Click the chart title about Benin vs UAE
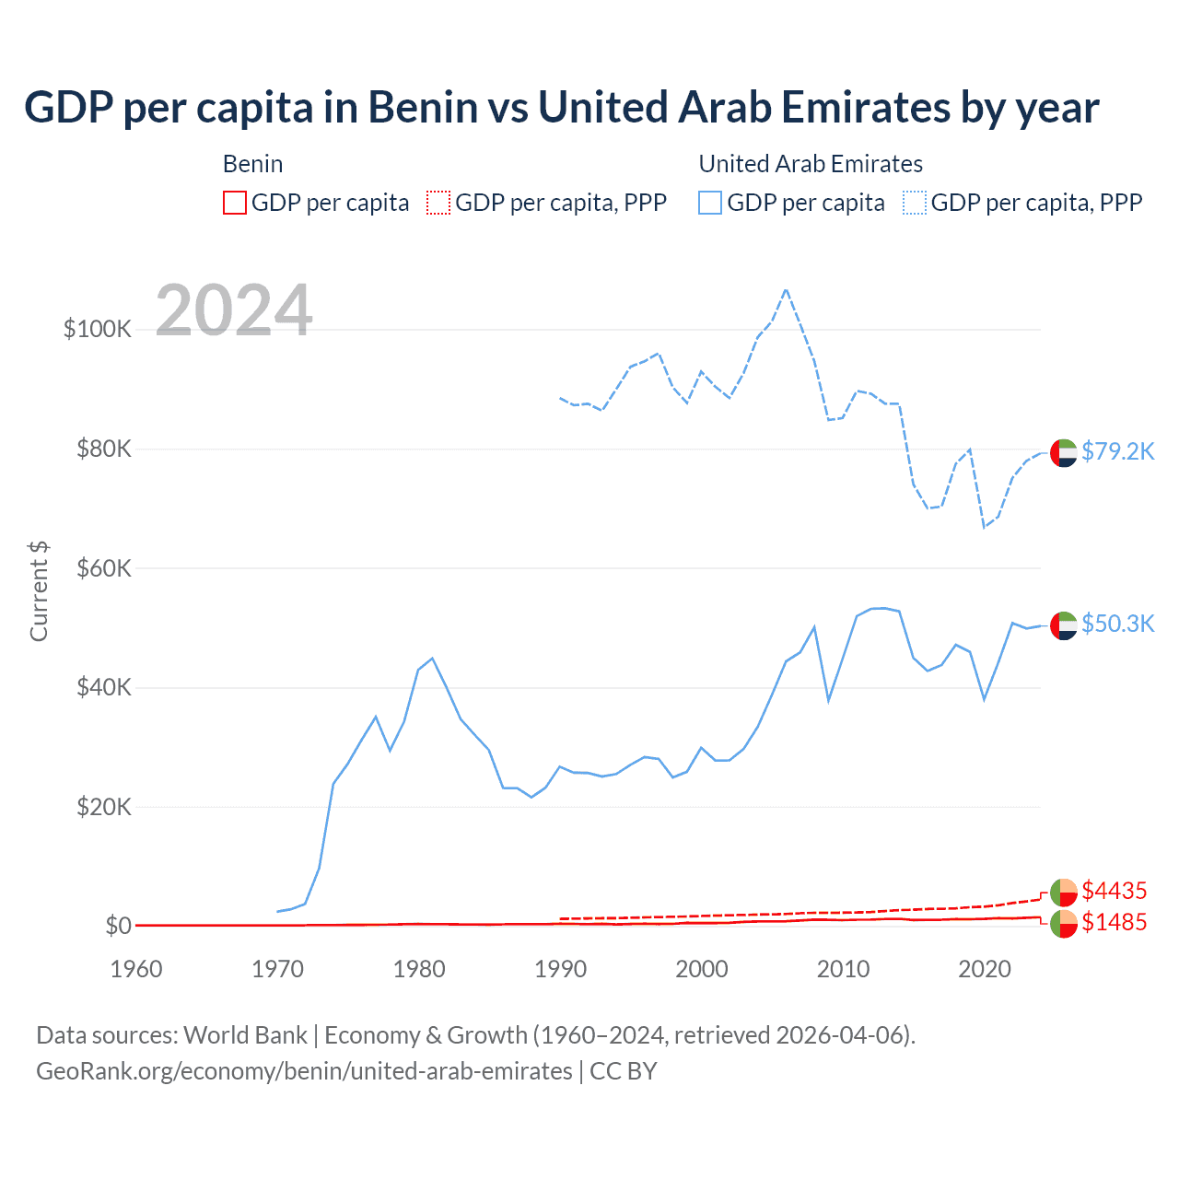pos(561,107)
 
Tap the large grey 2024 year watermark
pos(234,310)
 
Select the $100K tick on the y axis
pos(98,329)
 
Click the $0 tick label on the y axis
pos(118,926)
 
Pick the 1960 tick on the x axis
pos(136,969)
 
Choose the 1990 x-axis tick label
pos(560,969)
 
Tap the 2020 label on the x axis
pos(985,969)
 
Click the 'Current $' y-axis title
pos(39,591)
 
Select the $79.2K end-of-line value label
pos(1117,451)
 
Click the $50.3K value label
pos(1117,624)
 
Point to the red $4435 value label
pos(1114,891)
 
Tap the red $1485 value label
pos(1114,922)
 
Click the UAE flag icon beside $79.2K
pos(1064,453)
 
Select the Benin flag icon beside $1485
pos(1064,924)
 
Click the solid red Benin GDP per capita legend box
pos(235,203)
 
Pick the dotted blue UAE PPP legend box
pos(915,203)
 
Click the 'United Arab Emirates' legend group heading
pos(811,164)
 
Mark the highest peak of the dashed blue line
pos(786,289)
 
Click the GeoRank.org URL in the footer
pos(304,1071)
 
